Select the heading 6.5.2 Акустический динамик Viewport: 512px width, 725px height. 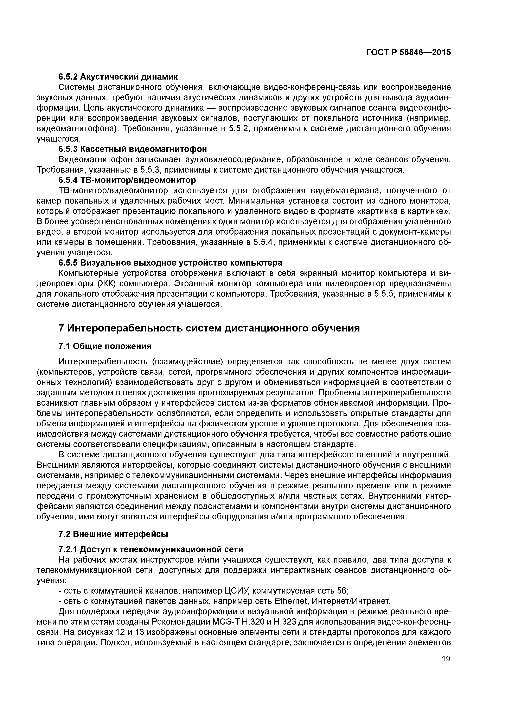click(x=118, y=77)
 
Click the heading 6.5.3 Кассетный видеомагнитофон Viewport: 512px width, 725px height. click(x=133, y=149)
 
